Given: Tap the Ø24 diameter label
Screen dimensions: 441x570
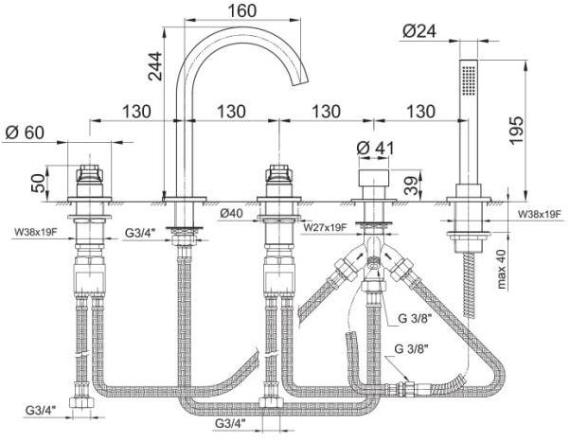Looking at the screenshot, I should [x=418, y=31].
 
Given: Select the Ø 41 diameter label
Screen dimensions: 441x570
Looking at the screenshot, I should [x=377, y=149].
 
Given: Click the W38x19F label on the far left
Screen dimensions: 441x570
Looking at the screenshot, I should [x=34, y=229].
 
